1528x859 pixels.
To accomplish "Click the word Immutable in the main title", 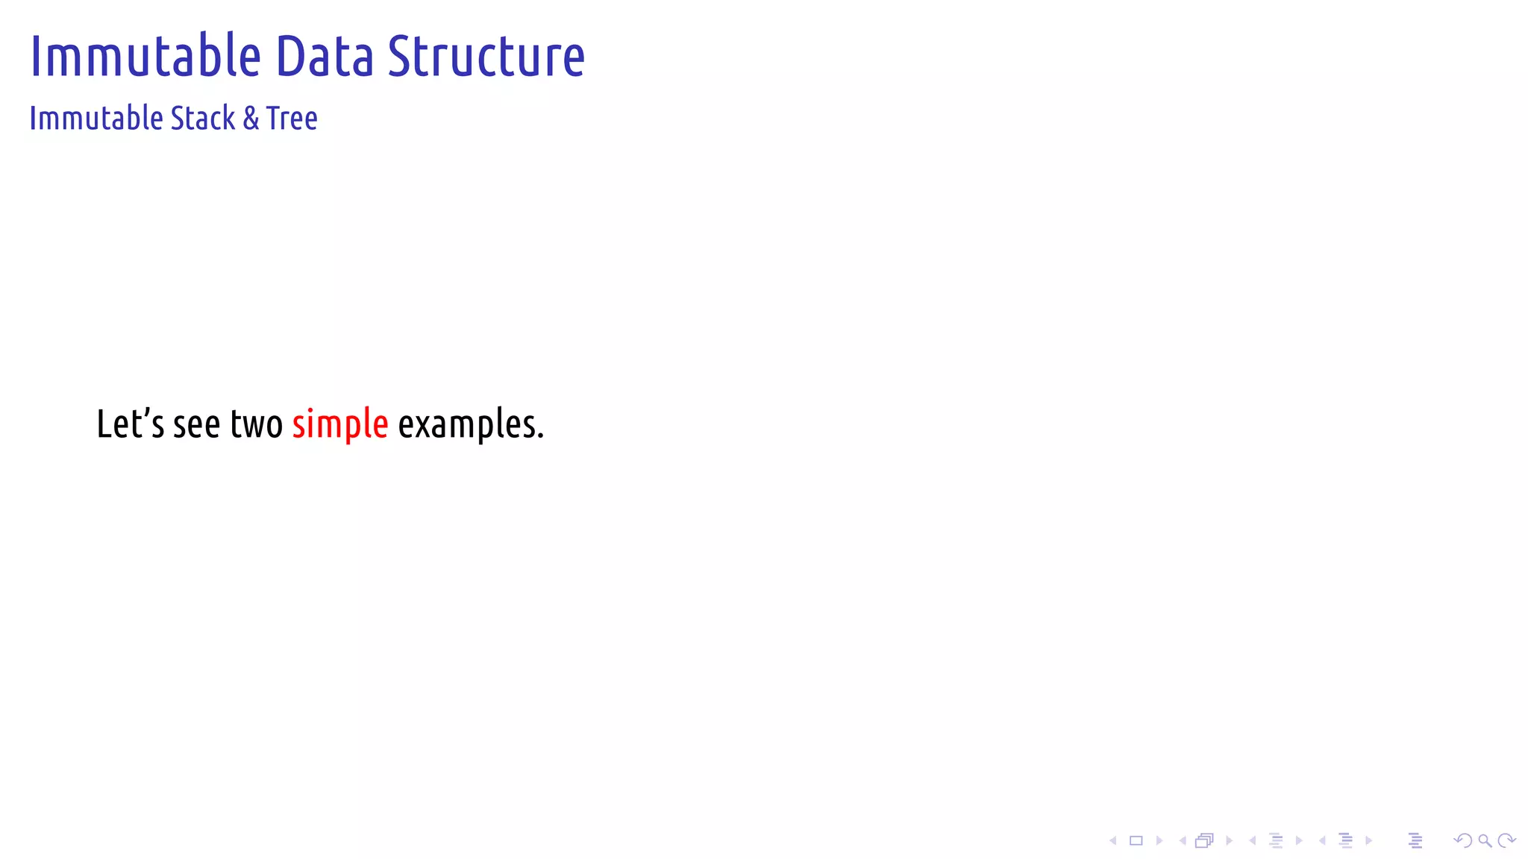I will pos(145,56).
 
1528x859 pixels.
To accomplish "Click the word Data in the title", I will pos(325,56).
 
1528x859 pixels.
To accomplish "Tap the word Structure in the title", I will pos(486,56).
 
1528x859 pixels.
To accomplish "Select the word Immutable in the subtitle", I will pos(95,119).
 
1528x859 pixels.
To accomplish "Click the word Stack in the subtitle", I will pos(203,119).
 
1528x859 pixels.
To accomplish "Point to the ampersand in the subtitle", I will pos(251,119).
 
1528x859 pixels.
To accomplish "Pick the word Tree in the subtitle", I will pos(292,119).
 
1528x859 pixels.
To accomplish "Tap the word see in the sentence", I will pos(196,425).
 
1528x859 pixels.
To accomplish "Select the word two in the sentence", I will pos(256,424).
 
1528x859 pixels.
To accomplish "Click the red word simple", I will pos(339,425).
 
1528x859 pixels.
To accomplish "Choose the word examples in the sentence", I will pos(470,425).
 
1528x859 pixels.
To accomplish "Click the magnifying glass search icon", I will pos(1485,841).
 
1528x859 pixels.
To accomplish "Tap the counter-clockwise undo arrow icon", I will pos(1463,841).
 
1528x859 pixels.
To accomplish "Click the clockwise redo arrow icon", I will pos(1506,841).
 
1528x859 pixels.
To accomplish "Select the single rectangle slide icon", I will pos(1136,841).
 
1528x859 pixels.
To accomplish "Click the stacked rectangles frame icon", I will pos(1204,841).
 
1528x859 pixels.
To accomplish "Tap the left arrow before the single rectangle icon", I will pos(1113,841).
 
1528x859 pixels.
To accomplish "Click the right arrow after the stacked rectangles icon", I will pos(1229,841).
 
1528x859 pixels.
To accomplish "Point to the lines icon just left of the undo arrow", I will pos(1415,841).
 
